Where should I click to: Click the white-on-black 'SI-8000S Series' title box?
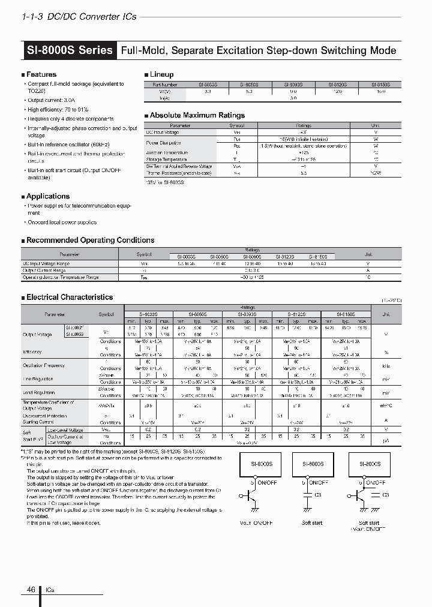click(70, 50)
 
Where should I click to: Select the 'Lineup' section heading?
click(161, 74)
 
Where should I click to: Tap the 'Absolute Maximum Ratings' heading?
click(197, 115)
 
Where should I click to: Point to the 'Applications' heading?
click(47, 196)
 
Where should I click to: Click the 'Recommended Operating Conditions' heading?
click(90, 240)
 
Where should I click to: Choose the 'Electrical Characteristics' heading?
click(69, 297)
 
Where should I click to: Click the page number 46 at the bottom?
click(31, 589)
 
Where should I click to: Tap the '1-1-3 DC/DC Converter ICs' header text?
click(79, 16)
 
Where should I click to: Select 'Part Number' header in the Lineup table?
click(164, 86)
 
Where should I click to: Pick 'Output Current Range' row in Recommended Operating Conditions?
click(46, 271)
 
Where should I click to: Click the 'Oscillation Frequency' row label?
click(43, 365)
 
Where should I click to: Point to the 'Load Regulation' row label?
click(38, 393)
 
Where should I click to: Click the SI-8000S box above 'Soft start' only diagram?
click(313, 464)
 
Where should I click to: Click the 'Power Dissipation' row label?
click(164, 143)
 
